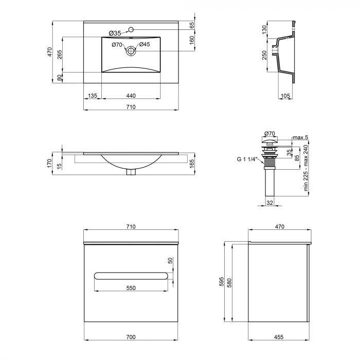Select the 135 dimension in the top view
click(x=93, y=96)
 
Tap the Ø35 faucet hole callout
click(x=115, y=33)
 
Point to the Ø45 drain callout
click(x=145, y=45)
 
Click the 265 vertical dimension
click(x=60, y=55)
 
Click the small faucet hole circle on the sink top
click(x=131, y=29)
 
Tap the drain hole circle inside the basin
click(x=131, y=50)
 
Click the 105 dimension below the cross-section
click(x=286, y=96)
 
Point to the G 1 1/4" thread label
click(x=247, y=159)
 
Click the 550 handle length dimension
click(x=131, y=288)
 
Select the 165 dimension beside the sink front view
click(x=191, y=163)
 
